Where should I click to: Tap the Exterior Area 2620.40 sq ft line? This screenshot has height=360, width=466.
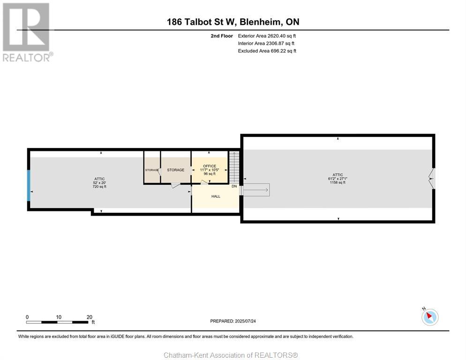pos(267,36)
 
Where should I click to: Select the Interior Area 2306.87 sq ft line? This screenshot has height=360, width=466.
pos(266,44)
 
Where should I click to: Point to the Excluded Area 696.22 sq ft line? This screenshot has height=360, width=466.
pos(267,51)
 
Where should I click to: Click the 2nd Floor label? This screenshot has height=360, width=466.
pos(222,36)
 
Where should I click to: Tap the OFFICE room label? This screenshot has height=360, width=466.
pos(210,166)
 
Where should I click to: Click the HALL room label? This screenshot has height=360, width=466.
pos(216,196)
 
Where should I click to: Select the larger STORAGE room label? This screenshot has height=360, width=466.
pos(176,170)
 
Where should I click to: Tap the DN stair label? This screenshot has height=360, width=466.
pos(234,187)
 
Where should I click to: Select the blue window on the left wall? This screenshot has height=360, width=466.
pos(29,186)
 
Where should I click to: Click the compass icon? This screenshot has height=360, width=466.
pos(430,317)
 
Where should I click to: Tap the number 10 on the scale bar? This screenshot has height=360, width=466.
pos(59,317)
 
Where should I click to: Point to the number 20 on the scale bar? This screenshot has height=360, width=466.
pos(90,317)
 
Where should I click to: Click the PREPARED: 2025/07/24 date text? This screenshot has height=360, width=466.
pos(233,321)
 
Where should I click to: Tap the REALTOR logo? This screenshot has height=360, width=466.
pos(27,32)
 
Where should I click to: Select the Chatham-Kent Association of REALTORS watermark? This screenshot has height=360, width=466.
pos(231,355)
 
